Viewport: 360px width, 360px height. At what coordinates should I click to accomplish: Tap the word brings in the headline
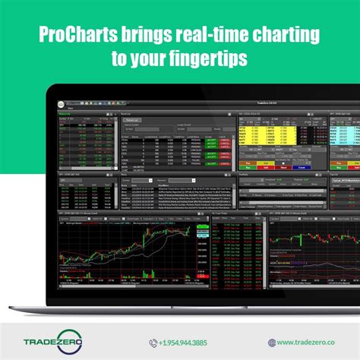coord(150,36)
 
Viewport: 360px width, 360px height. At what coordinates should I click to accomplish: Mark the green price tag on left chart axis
coord(201,229)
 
